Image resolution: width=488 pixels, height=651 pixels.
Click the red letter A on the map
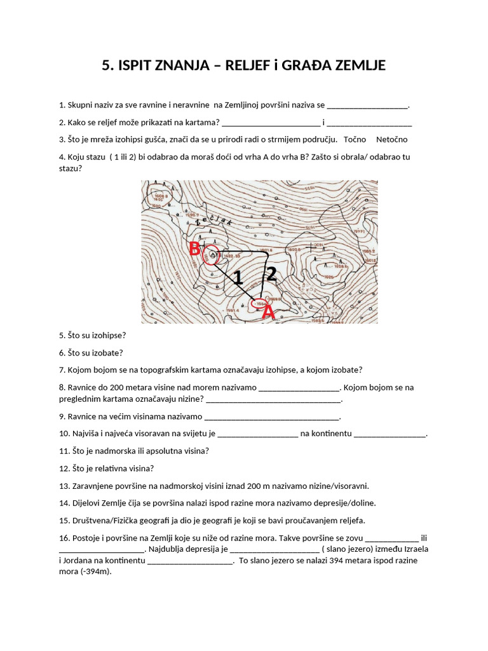tap(269, 312)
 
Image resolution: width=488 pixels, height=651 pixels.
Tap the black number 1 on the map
tap(238, 278)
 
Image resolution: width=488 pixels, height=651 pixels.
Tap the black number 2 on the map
tap(271, 274)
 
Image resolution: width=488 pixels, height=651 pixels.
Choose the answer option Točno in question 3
tap(355, 139)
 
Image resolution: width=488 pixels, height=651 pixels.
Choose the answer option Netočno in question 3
tap(391, 139)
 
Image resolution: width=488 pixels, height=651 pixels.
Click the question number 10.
tap(63, 434)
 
